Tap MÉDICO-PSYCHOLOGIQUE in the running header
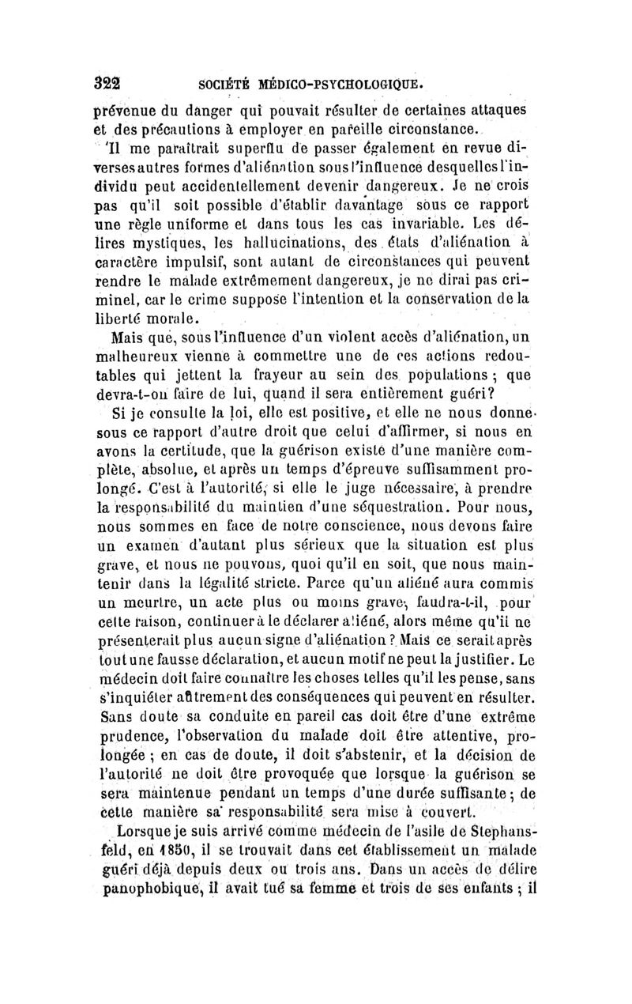[325, 82]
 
